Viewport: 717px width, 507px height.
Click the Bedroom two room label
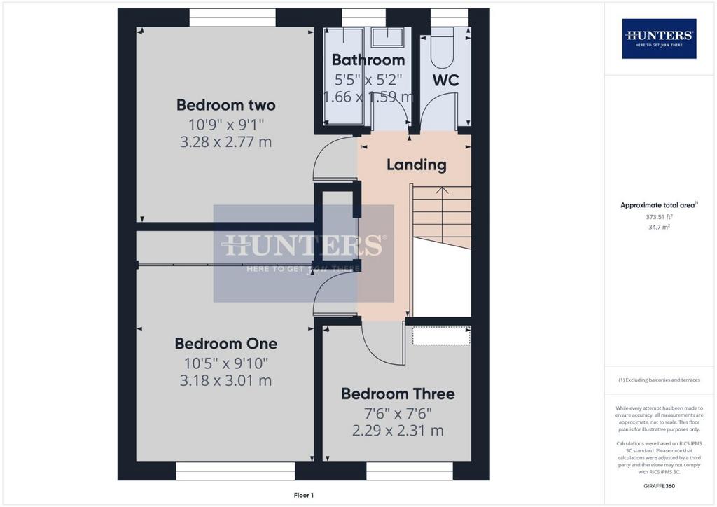[226, 105]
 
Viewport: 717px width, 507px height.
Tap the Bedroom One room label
[226, 344]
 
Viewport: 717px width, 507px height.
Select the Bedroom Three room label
[398, 394]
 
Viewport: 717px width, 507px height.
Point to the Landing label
[417, 165]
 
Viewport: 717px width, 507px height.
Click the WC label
[446, 81]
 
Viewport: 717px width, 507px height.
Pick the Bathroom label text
[368, 60]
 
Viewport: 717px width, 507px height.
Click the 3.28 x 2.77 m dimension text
[226, 141]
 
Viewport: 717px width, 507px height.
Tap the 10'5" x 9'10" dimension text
[226, 363]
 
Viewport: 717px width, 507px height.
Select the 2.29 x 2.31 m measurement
[398, 431]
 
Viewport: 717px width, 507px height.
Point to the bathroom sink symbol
[387, 36]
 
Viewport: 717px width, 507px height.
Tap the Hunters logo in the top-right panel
[659, 39]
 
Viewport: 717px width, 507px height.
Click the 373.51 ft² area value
[659, 217]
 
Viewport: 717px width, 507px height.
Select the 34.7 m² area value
[659, 227]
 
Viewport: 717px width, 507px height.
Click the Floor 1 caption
[304, 495]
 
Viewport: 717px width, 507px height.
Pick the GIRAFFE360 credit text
[659, 486]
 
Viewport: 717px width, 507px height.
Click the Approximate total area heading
[659, 205]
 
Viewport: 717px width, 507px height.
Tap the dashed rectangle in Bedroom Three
[441, 336]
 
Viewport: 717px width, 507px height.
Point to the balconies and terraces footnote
[659, 380]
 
